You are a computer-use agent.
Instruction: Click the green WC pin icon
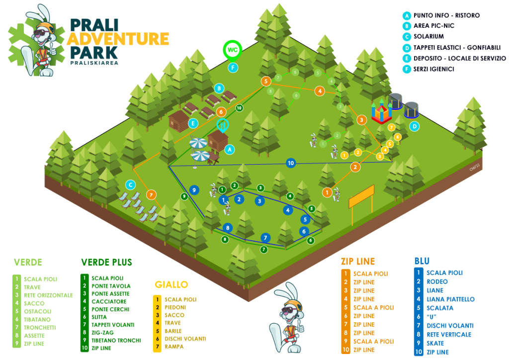click(x=233, y=51)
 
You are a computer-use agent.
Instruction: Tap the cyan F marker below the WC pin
click(x=233, y=68)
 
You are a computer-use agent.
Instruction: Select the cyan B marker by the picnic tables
click(x=219, y=89)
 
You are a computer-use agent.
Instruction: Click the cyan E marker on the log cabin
click(x=193, y=123)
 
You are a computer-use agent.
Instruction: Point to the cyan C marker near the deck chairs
click(x=131, y=185)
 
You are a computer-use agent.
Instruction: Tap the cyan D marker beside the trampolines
click(x=414, y=126)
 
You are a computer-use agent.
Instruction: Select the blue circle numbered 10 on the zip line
click(x=291, y=163)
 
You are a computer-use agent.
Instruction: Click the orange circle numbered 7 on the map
click(x=151, y=195)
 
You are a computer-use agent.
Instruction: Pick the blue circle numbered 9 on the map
click(x=194, y=190)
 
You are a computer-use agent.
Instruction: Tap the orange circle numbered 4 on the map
click(x=320, y=91)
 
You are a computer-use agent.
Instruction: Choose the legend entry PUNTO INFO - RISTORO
click(x=446, y=15)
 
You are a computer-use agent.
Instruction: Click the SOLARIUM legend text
click(x=428, y=36)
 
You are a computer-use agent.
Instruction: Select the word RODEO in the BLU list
click(x=437, y=282)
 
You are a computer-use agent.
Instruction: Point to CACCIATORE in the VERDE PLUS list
click(x=109, y=301)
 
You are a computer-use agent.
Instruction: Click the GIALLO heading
click(x=171, y=285)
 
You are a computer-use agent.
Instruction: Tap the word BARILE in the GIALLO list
click(x=173, y=331)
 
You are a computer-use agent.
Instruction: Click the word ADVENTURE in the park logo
click(x=118, y=39)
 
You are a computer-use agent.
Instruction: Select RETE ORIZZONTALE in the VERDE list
click(x=48, y=295)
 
